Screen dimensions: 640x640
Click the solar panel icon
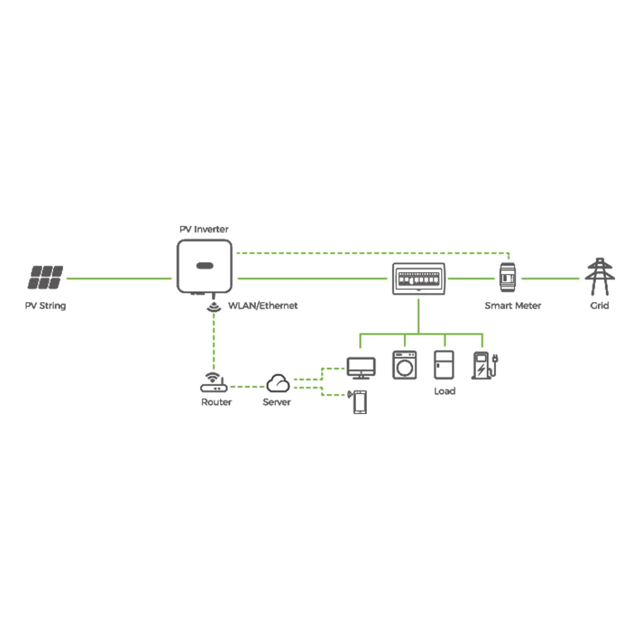(x=45, y=278)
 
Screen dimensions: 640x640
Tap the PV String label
(x=45, y=306)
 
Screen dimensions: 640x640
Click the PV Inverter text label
(x=204, y=229)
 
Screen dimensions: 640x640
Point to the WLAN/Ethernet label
(x=263, y=306)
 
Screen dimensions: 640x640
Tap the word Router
(x=216, y=402)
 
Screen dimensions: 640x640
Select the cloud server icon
(x=278, y=383)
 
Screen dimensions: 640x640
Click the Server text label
(x=277, y=402)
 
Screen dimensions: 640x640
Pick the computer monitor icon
(x=361, y=367)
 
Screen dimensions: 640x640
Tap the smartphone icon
(x=360, y=403)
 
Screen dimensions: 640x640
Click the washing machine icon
(x=404, y=365)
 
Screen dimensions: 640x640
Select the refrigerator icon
(x=444, y=365)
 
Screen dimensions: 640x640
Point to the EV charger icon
(x=483, y=365)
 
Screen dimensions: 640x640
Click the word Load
(x=444, y=390)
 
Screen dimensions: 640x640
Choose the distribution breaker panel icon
(x=419, y=280)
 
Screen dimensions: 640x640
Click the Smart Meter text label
(x=513, y=306)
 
